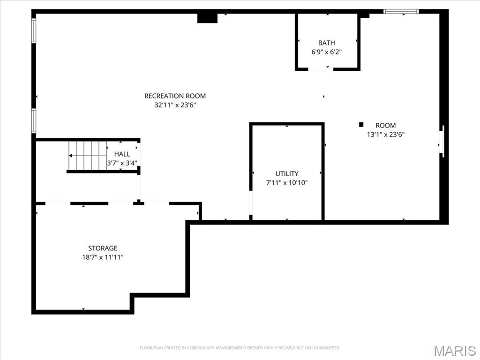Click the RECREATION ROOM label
[x=175, y=96]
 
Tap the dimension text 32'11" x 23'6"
[x=175, y=105]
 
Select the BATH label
[x=326, y=43]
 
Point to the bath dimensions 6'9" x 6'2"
[x=326, y=52]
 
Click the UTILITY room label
[x=287, y=173]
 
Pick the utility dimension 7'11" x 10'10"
[x=287, y=183]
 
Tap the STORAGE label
[x=103, y=248]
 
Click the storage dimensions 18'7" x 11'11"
[x=103, y=257]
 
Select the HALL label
[x=122, y=154]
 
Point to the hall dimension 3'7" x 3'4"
[x=122, y=163]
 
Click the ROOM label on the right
[x=385, y=125]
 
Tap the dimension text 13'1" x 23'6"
[x=385, y=134]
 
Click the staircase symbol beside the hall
[x=87, y=156]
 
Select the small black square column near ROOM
[x=361, y=124]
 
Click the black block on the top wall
[x=207, y=18]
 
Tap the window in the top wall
[x=401, y=11]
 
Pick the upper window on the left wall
[x=34, y=30]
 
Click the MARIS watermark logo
[x=454, y=351]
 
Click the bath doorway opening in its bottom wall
[x=321, y=69]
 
